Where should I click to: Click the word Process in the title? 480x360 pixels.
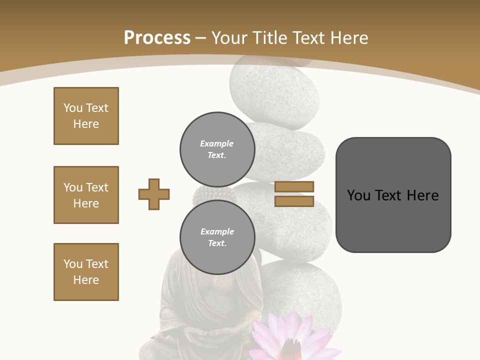point(157,37)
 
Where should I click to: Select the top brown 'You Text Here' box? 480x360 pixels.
point(86,116)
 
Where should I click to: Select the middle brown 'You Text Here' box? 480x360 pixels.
point(86,195)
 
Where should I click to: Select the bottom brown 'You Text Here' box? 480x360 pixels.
point(86,272)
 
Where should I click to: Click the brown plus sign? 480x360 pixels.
point(154,194)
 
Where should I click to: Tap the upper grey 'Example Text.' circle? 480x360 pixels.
point(217,149)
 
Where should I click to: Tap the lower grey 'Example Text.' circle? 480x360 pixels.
point(217,237)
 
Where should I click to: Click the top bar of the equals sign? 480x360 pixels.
point(294,186)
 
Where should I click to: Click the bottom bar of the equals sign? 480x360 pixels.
point(294,201)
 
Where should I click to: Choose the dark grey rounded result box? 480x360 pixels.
point(393,195)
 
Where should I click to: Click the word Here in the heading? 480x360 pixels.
point(348,37)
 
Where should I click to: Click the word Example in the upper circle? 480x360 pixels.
point(216,143)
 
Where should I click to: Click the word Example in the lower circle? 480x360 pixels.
point(217,231)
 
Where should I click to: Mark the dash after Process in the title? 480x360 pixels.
point(201,38)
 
